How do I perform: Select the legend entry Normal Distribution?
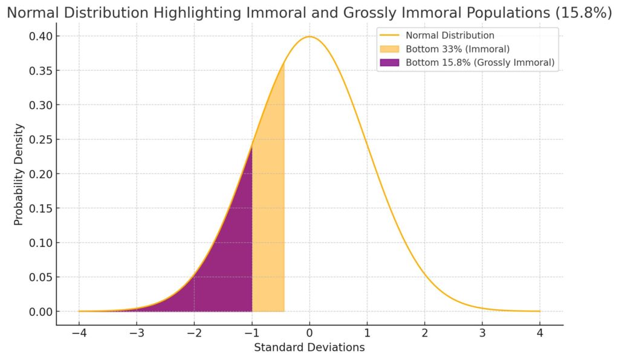point(450,36)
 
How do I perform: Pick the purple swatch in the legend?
point(391,62)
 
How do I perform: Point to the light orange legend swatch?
point(391,49)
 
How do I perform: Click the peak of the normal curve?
point(309,37)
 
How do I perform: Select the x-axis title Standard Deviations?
point(309,347)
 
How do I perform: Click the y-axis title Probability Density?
point(19,174)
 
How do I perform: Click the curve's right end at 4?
point(540,311)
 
